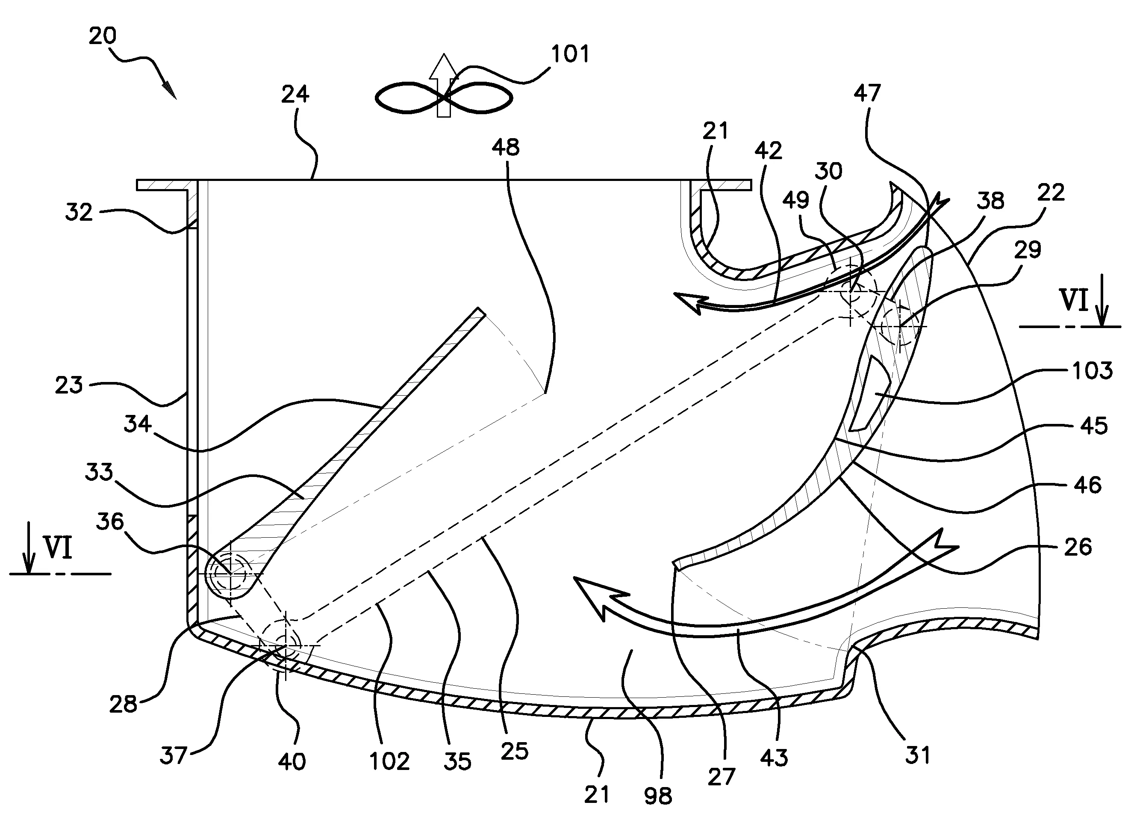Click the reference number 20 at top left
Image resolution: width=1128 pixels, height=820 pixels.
coord(103,36)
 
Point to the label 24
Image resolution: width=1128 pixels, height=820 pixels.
coord(295,94)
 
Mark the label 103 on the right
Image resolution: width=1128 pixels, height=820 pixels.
coord(1092,371)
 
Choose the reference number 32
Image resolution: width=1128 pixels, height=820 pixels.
coord(79,213)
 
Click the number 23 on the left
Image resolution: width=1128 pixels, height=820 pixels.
coord(69,385)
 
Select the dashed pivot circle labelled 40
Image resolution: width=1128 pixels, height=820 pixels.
coord(285,645)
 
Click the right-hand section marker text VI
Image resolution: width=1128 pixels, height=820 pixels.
coord(1075,301)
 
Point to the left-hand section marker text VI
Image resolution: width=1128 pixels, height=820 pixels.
coord(58,548)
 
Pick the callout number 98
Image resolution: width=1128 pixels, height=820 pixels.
coord(657,796)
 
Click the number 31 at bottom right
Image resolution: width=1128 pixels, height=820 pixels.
coord(918,755)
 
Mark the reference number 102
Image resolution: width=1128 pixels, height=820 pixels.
coord(389,761)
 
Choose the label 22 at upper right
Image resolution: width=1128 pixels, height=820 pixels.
coord(1051,192)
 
